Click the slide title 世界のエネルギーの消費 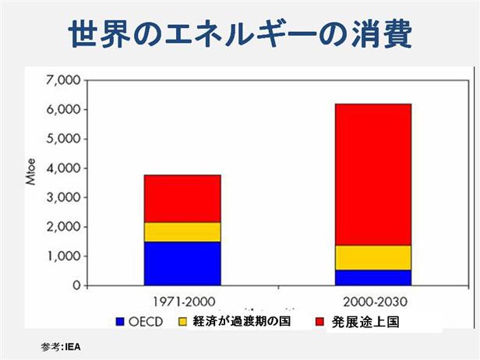pyautogui.click(x=240, y=34)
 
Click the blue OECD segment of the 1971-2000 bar pyautogui.click(x=182, y=263)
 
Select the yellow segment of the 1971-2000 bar pyautogui.click(x=182, y=231)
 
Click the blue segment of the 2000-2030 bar pyautogui.click(x=372, y=277)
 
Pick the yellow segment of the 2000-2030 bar pyautogui.click(x=372, y=257)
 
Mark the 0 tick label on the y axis pyautogui.click(x=76, y=286)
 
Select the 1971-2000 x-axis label pyautogui.click(x=182, y=301)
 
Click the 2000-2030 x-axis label pyautogui.click(x=373, y=301)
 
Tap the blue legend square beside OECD pyautogui.click(x=120, y=321)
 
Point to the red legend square pyautogui.click(x=319, y=321)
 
